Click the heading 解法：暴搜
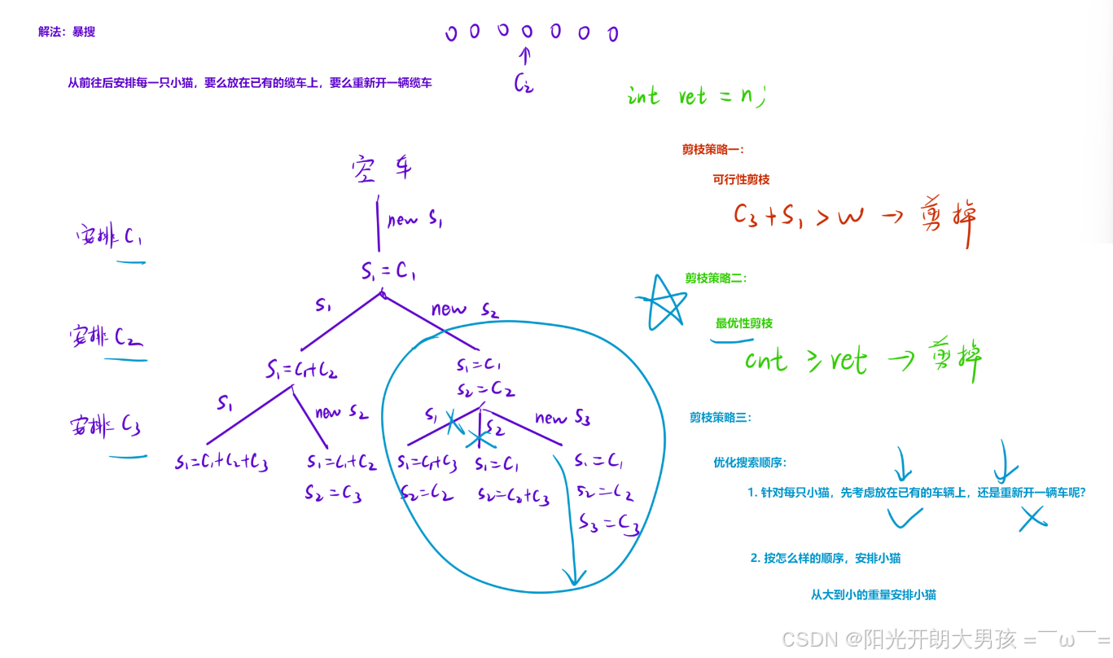tap(67, 32)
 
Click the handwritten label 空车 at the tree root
tap(382, 169)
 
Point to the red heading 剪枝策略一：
tap(713, 150)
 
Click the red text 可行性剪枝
tap(741, 179)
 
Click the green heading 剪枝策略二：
tap(716, 279)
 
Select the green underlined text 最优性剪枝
tap(743, 323)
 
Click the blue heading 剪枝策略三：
tap(721, 418)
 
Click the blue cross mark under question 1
tap(1032, 518)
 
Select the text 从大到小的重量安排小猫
tap(873, 595)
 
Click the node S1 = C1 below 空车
tap(388, 272)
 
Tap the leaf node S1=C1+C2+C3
tap(221, 463)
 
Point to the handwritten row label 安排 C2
tap(107, 337)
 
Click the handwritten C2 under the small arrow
tap(524, 82)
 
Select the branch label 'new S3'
tap(562, 419)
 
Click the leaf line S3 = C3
tap(608, 523)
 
